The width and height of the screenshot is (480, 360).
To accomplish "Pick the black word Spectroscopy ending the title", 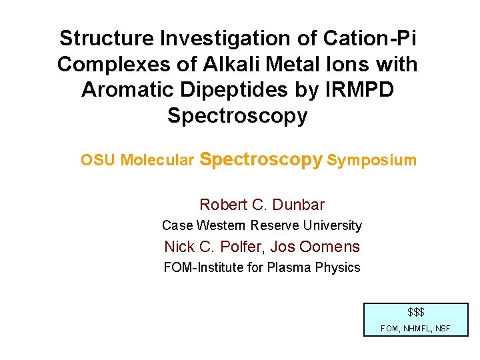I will pyautogui.click(x=237, y=115).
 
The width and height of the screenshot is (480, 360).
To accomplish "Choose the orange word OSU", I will pyautogui.click(x=98, y=161).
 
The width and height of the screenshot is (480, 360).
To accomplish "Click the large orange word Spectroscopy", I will pyautogui.click(x=261, y=160).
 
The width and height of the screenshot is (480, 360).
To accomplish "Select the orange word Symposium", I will pyautogui.click(x=372, y=161).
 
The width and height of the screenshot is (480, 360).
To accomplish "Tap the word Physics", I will pyautogui.click(x=339, y=268).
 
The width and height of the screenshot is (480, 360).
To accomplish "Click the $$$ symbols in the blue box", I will pyautogui.click(x=416, y=312).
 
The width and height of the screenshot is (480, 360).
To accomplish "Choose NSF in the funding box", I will pyautogui.click(x=442, y=328).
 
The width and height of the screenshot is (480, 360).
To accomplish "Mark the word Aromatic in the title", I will pyautogui.click(x=122, y=89).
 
